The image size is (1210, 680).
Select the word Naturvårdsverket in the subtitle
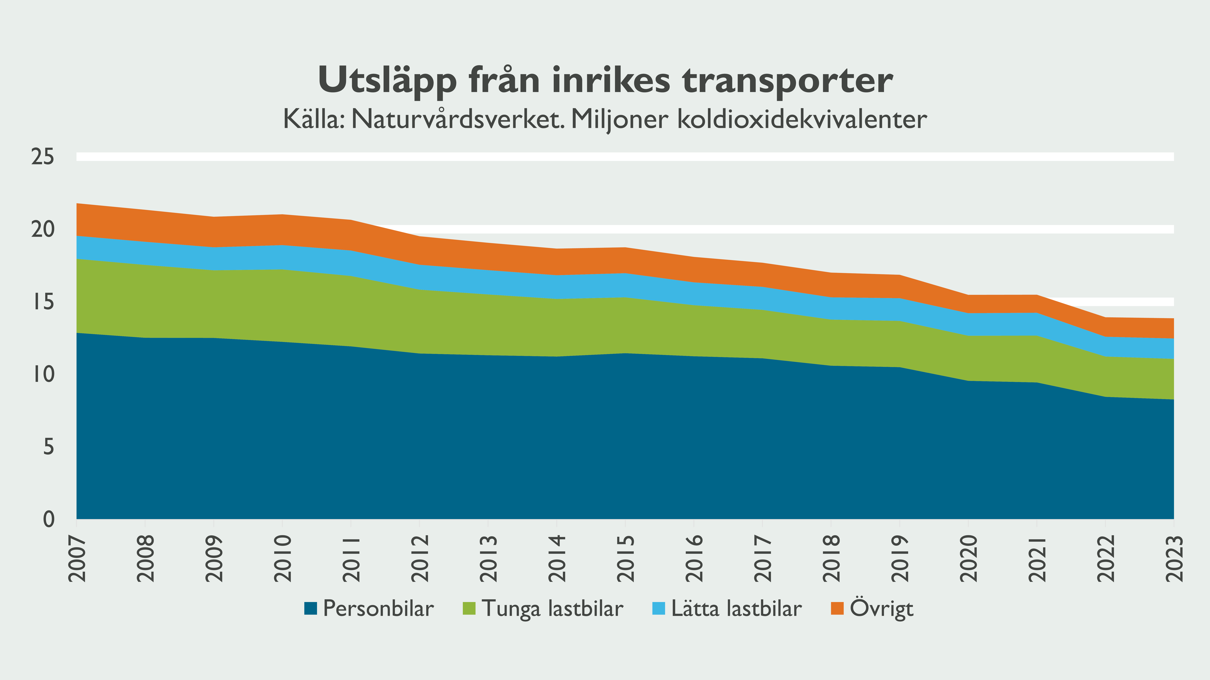click(458, 119)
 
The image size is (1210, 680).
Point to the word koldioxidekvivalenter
click(802, 119)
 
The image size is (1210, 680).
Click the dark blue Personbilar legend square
click(311, 609)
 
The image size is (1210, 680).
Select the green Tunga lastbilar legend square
click(469, 609)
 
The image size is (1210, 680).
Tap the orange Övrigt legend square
click(837, 609)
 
